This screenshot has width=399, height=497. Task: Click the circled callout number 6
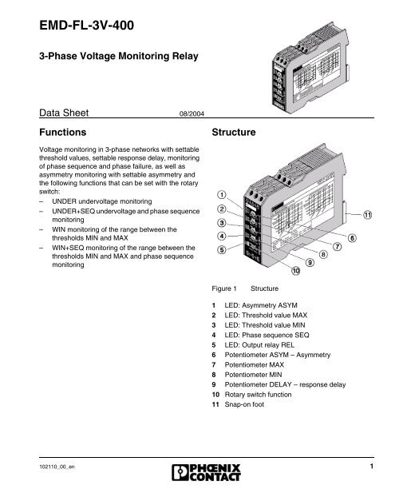(x=352, y=238)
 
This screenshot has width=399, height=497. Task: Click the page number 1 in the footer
(x=373, y=466)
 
